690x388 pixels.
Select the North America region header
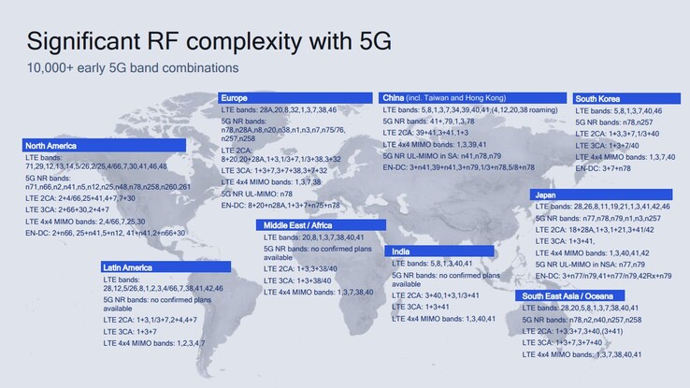click(x=50, y=145)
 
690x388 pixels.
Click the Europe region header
click(x=234, y=97)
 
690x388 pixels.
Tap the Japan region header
click(x=547, y=194)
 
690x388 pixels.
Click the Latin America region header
click(x=128, y=267)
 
